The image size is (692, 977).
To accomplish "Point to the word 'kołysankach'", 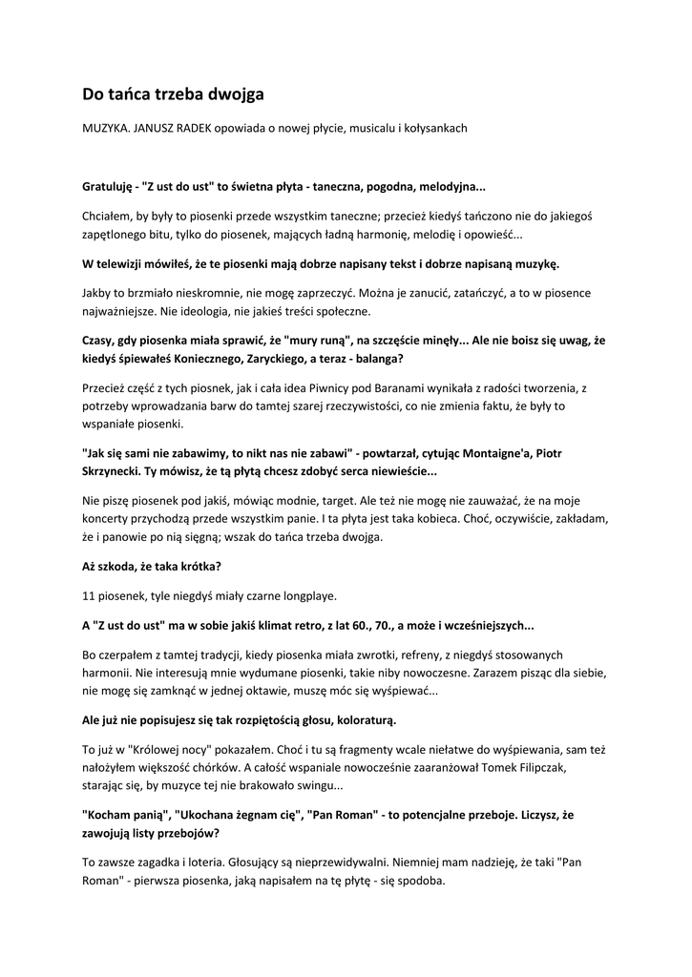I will click(435, 128).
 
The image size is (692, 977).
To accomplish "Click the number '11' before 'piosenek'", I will click(89, 596).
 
